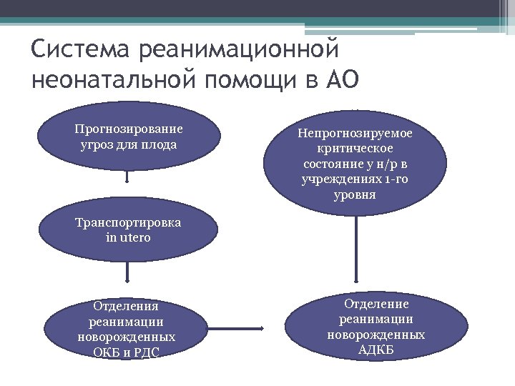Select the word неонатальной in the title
pyautogui.click(x=114, y=80)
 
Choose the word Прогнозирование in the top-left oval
pyautogui.click(x=129, y=129)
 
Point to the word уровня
pyautogui.click(x=355, y=194)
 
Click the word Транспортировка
pyautogui.click(x=128, y=222)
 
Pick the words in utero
pyautogui.click(x=128, y=237)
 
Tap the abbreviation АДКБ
pyautogui.click(x=376, y=350)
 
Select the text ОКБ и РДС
pyautogui.click(x=127, y=352)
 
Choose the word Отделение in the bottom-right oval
pyautogui.click(x=376, y=304)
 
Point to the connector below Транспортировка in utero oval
pyautogui.click(x=127, y=271)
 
